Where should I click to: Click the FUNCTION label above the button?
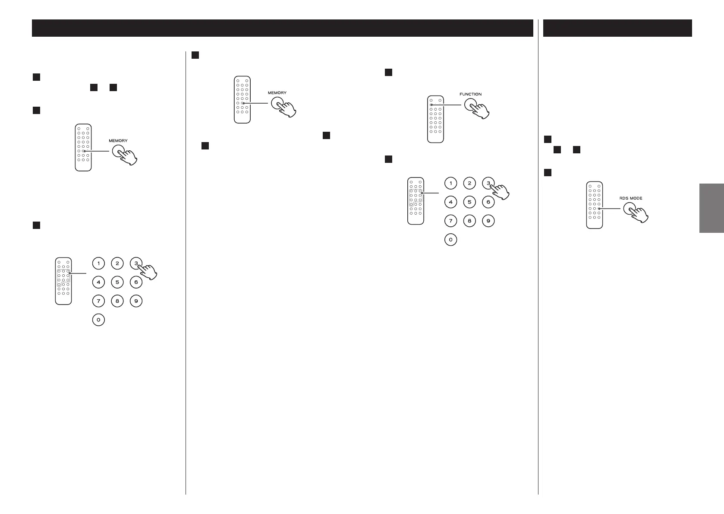[x=470, y=94]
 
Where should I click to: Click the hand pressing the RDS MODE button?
[x=639, y=215]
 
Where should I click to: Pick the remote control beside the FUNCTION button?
[x=435, y=119]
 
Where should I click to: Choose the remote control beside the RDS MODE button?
[x=594, y=205]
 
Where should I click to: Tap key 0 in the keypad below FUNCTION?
[x=450, y=240]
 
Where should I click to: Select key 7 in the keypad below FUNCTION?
[x=450, y=221]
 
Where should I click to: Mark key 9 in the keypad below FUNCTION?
[x=488, y=221]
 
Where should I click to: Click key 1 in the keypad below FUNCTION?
[x=450, y=184]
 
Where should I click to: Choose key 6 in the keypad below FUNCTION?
[x=488, y=202]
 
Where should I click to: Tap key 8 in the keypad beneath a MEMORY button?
[x=117, y=301]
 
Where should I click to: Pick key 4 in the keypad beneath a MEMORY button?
[x=98, y=282]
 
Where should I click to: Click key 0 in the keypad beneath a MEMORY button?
[x=98, y=320]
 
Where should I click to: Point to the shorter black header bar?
[x=617, y=28]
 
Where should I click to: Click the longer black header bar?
[x=282, y=28]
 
